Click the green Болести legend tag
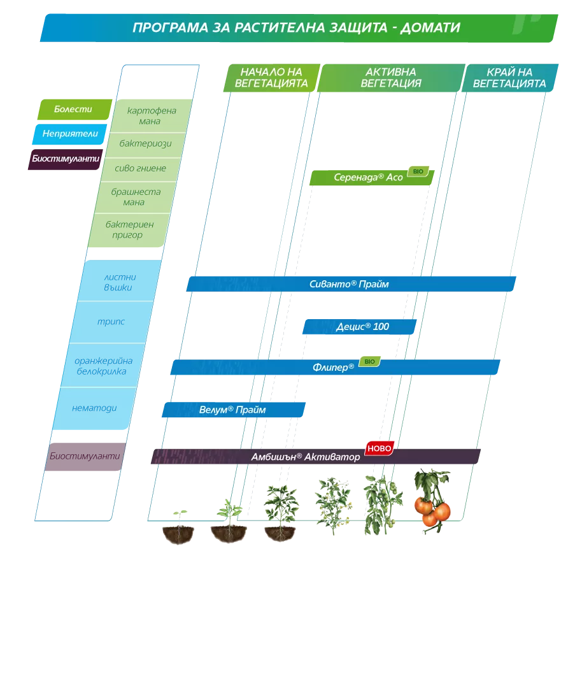[75, 110]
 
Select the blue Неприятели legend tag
[70, 134]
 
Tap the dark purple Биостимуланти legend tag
[66, 159]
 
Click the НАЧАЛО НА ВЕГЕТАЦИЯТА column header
[272, 78]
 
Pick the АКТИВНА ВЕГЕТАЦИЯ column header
[391, 78]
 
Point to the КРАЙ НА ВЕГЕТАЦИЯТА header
[509, 78]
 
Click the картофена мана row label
[151, 116]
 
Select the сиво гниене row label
[140, 168]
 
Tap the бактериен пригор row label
[129, 229]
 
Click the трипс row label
[111, 322]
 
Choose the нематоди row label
[94, 408]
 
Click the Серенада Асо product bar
[372, 178]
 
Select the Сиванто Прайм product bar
[351, 284]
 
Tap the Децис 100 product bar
[359, 326]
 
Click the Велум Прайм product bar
[234, 410]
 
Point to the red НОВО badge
[379, 448]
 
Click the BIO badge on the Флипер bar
[369, 362]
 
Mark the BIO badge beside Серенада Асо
[418, 171]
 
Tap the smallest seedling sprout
[179, 516]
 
